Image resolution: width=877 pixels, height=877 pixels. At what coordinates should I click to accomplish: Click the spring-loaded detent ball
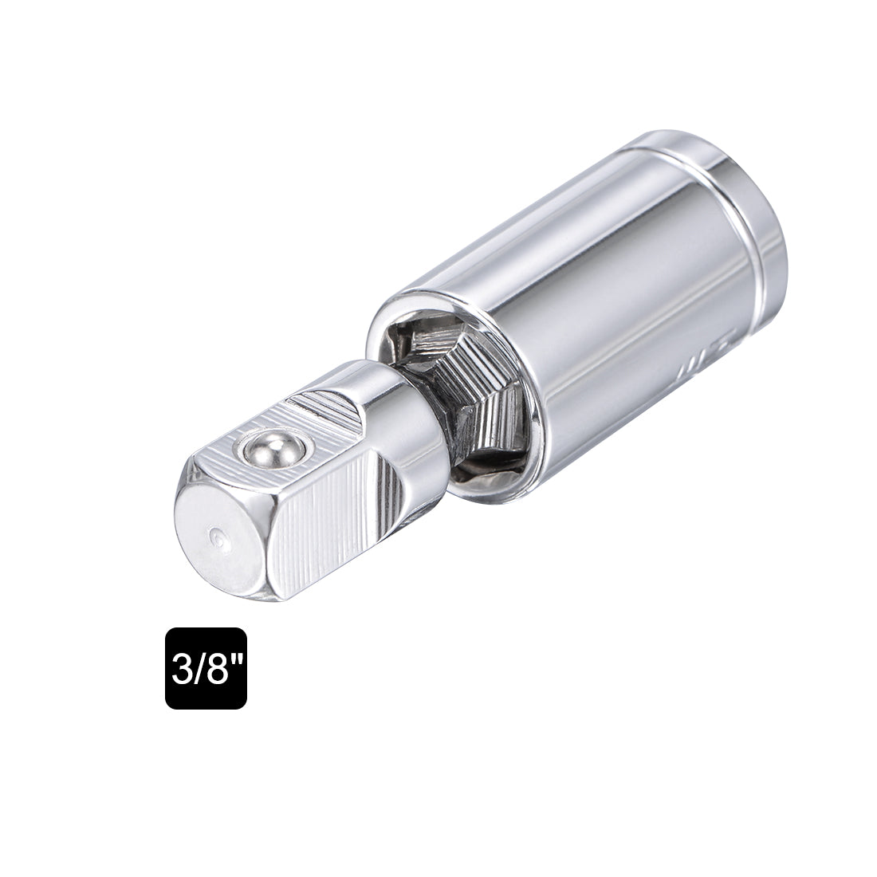click(263, 452)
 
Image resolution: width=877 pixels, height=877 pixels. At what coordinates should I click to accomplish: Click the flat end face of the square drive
click(219, 542)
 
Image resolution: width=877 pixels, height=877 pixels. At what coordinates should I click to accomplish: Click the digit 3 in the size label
click(179, 668)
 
